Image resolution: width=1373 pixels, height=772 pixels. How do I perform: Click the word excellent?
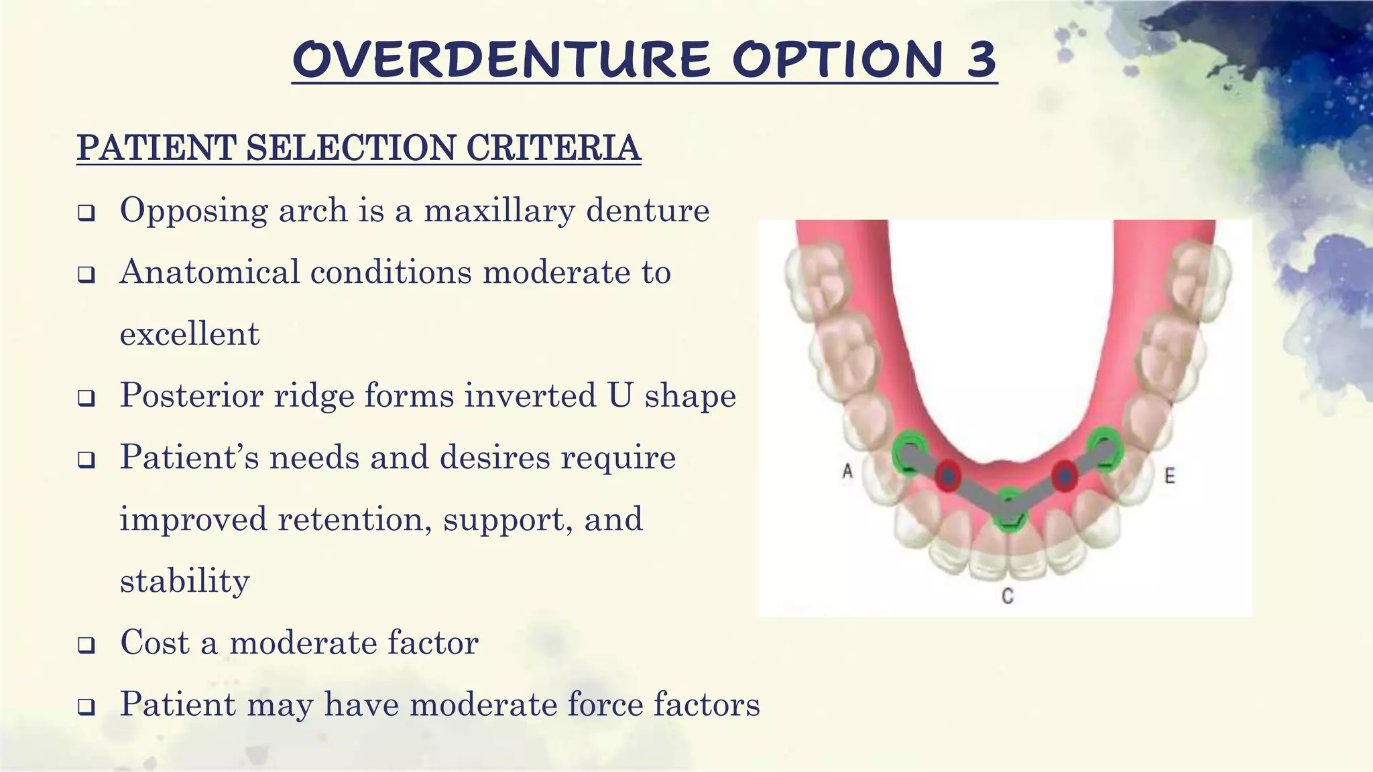coord(189,334)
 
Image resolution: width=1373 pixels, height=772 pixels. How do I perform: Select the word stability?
coord(184,581)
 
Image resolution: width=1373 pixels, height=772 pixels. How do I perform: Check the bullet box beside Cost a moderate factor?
coord(86,645)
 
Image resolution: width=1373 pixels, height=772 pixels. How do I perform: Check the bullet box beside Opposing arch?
coord(86,214)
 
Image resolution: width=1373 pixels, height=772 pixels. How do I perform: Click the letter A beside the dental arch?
coord(847,472)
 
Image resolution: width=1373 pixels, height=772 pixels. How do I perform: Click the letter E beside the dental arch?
coord(1169,476)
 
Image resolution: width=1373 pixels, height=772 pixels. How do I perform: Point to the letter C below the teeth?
coord(1007,595)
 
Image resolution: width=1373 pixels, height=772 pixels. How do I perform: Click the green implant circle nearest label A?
coord(909,453)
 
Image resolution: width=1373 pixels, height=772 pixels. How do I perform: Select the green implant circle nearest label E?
coord(1104,448)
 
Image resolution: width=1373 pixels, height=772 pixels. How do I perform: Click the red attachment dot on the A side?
coord(948,476)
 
